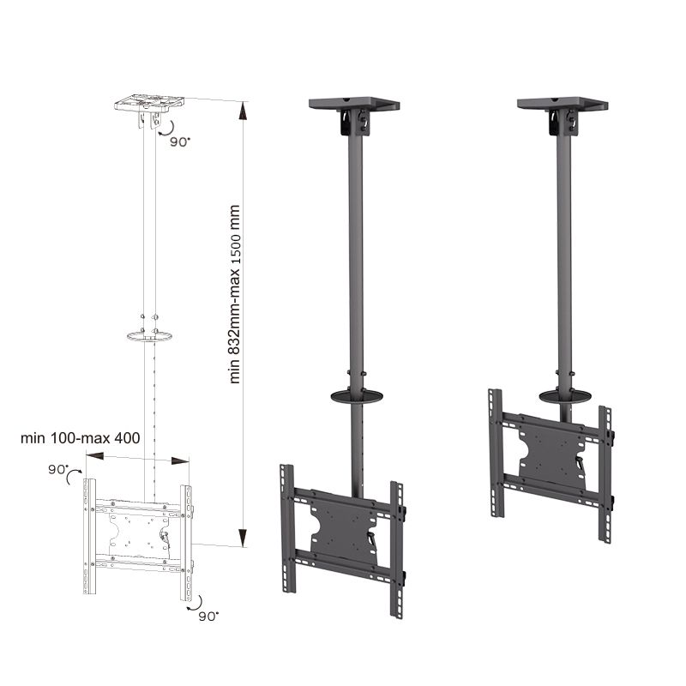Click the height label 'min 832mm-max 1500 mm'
pos(235,294)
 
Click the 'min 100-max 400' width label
pos(81,438)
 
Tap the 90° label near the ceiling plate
pos(180,141)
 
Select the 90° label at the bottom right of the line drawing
pos(208,616)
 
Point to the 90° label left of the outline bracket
pos(58,469)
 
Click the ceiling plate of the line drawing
pos(149,102)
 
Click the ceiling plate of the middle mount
pos(354,104)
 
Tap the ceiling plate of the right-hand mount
pos(563,104)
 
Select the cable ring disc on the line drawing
pos(149,336)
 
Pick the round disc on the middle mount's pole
pos(357,397)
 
